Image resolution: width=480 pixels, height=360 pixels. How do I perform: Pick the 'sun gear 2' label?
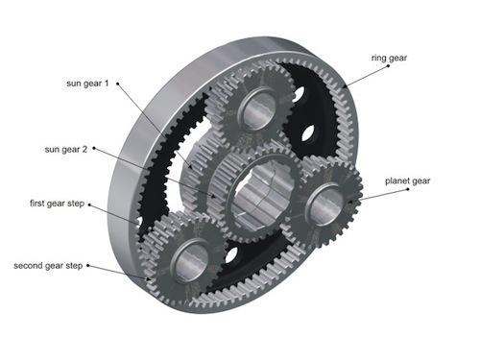(64, 150)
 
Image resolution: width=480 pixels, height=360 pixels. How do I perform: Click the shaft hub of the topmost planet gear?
(254, 108)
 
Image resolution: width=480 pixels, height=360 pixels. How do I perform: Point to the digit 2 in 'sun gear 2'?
(86, 150)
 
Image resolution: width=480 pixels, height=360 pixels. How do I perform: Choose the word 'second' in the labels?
(30, 265)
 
